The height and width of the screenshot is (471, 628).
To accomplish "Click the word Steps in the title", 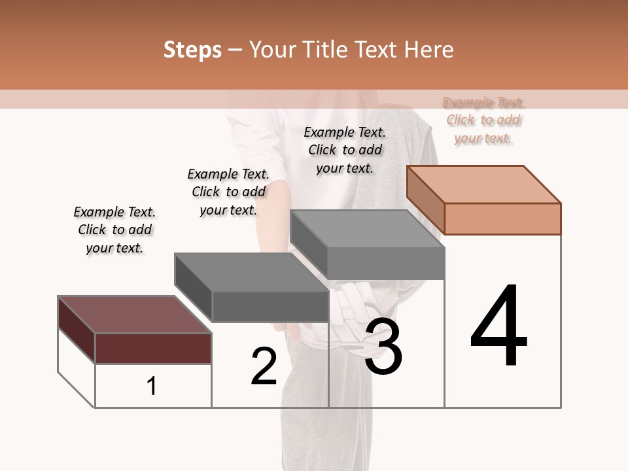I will tap(192, 50).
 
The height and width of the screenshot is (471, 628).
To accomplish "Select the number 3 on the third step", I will tap(383, 347).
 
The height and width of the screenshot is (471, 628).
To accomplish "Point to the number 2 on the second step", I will tap(264, 366).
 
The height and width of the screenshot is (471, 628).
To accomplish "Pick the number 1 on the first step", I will tap(152, 387).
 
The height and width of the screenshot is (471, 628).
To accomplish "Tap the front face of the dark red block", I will tap(154, 348).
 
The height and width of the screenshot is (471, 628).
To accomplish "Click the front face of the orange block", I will tap(502, 218).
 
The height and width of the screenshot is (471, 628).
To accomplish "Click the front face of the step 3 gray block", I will tap(386, 263).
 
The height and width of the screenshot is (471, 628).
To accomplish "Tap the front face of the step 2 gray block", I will tap(270, 306).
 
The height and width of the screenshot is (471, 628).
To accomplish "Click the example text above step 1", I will tap(114, 230).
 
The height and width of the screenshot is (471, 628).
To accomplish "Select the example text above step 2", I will tap(228, 192).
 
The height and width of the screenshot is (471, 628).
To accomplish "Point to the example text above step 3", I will tap(345, 150).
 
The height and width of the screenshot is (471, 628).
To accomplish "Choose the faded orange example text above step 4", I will tap(483, 120).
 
